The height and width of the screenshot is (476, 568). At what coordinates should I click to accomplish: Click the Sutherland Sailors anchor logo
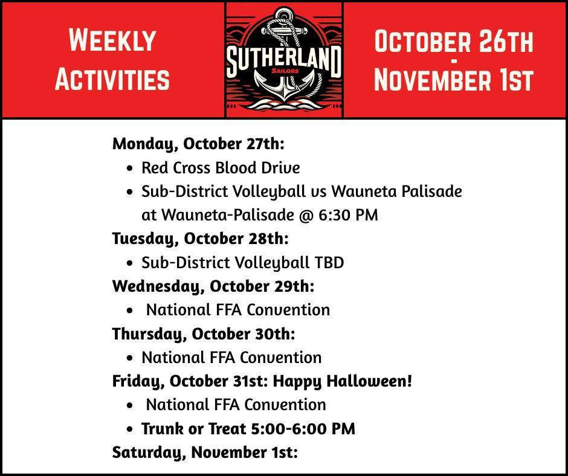(284, 59)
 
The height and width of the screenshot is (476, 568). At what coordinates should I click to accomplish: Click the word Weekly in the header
(112, 40)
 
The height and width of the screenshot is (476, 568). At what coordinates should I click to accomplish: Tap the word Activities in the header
(112, 79)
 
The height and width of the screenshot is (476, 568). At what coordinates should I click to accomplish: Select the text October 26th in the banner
(454, 42)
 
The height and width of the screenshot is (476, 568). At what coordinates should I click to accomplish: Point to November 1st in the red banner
(454, 80)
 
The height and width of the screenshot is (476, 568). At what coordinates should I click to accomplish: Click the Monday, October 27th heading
(198, 144)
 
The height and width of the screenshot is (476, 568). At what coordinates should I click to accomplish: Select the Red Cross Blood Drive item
(221, 167)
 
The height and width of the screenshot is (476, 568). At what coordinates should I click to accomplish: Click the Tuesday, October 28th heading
(201, 239)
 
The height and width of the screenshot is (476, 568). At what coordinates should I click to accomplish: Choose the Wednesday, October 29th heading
(213, 286)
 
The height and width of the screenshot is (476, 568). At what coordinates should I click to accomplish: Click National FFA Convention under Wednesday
(238, 310)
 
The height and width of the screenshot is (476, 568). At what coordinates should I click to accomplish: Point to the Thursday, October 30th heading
(204, 333)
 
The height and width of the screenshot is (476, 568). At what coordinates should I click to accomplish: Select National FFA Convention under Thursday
(231, 358)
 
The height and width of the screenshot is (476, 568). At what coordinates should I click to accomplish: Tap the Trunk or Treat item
(248, 429)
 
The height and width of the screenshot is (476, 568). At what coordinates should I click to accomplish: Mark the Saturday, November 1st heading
(205, 452)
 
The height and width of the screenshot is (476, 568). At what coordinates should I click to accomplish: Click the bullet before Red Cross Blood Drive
(130, 168)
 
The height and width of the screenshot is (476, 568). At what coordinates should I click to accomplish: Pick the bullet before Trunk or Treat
(130, 429)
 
